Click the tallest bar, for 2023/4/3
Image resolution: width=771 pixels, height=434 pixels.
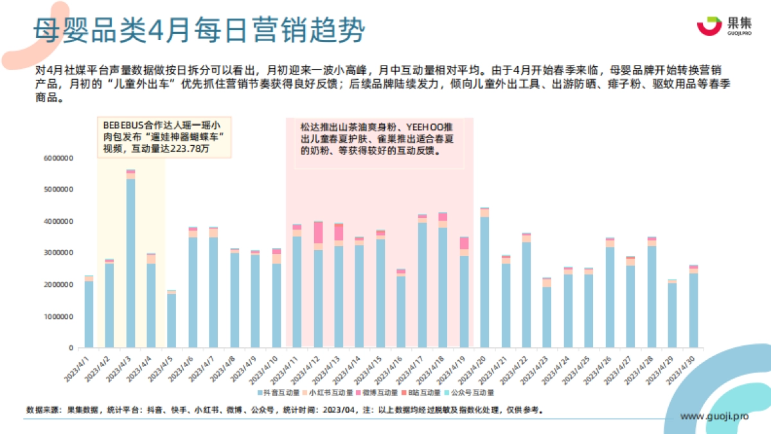[130, 264]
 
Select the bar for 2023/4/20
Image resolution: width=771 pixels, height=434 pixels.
[484, 283]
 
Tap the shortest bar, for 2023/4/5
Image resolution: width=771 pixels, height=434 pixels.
[172, 320]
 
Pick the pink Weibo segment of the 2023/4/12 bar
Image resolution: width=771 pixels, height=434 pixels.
[318, 233]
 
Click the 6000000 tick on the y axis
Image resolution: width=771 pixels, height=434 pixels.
[58, 158]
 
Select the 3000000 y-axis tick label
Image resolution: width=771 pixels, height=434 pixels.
[58, 253]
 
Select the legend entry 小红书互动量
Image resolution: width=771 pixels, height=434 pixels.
[330, 392]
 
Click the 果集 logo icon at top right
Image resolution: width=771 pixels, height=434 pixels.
[709, 26]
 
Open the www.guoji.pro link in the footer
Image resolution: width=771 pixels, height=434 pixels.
[714, 417]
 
